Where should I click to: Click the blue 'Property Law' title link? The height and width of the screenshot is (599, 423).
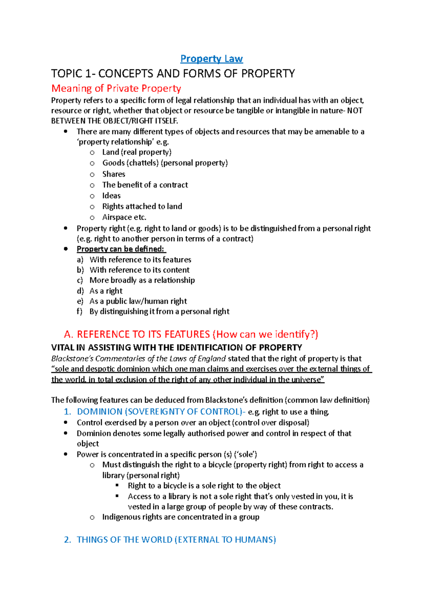click(211, 59)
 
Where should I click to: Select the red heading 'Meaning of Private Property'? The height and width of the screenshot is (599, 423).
click(116, 88)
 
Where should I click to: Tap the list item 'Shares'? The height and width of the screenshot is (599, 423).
click(114, 174)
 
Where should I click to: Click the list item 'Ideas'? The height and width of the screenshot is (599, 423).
click(111, 195)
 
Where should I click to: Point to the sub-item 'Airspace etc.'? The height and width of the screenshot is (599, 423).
click(124, 217)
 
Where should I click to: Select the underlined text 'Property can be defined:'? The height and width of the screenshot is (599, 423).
click(121, 249)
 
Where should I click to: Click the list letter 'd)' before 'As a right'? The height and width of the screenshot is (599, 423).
click(80, 291)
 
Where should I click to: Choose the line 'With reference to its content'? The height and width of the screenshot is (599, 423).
click(140, 270)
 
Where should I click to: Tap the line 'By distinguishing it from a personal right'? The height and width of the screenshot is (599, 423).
click(159, 311)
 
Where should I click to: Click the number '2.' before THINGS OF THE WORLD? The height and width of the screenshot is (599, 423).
click(67, 540)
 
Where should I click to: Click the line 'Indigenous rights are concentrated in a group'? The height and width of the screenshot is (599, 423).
click(180, 517)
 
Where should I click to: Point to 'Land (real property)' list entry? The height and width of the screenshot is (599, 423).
click(137, 152)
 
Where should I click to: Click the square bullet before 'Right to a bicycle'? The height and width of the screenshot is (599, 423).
click(117, 485)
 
